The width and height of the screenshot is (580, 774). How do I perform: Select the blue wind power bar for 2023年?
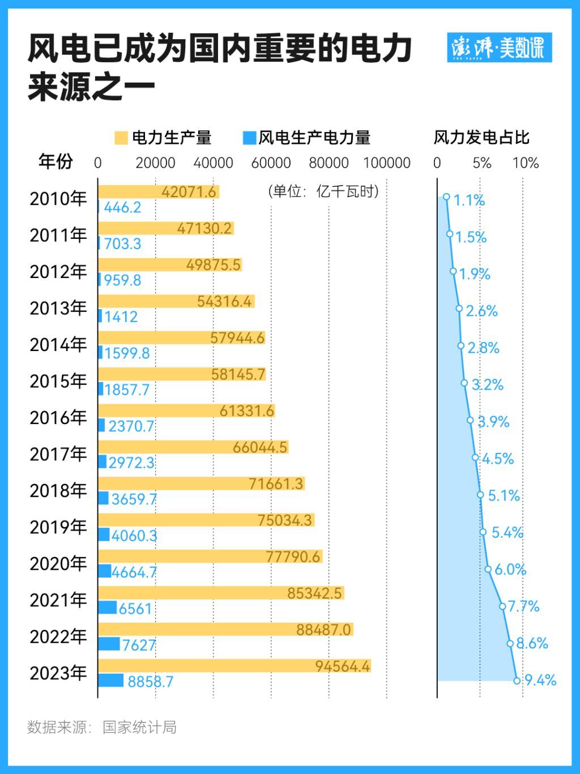[110, 680]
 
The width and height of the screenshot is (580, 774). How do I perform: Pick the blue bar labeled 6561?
[107, 608]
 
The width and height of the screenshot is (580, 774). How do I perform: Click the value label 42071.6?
[189, 192]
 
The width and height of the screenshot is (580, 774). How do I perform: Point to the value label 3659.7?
[134, 499]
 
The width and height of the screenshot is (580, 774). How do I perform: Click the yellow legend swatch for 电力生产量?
[121, 138]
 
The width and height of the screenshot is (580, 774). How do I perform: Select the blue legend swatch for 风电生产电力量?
[249, 138]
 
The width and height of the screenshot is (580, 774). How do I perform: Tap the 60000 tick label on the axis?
[271, 163]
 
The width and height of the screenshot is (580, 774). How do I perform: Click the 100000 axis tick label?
[386, 163]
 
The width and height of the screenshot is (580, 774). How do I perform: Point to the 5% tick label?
[481, 163]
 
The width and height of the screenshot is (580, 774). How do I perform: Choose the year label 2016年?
[58, 418]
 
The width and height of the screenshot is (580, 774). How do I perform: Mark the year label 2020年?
[58, 564]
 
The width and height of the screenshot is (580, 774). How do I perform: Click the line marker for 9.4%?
[517, 681]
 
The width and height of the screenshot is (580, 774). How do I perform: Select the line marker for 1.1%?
[446, 197]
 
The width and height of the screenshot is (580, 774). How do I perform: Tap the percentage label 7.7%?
[523, 606]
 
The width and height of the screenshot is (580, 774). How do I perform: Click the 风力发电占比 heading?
[481, 138]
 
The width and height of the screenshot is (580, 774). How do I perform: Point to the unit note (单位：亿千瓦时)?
[323, 191]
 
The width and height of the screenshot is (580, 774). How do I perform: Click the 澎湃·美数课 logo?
[499, 48]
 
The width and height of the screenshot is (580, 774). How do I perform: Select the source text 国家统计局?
[139, 727]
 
